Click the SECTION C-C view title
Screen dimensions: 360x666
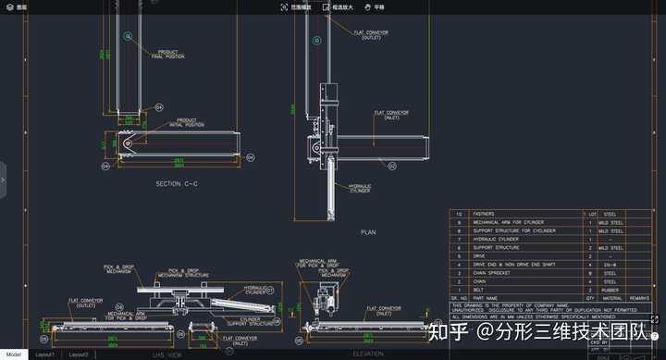coord(177,184)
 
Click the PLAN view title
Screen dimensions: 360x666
coord(368,232)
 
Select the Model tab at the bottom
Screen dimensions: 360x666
coord(14,354)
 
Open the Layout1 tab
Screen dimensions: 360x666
coord(44,354)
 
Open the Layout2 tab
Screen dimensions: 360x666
coord(79,354)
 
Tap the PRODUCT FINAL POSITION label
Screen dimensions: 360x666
coord(167,54)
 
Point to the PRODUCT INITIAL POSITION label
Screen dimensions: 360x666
coord(187,121)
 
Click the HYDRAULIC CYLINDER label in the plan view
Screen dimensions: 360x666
coord(360,188)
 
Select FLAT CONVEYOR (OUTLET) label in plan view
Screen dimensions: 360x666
coord(372,34)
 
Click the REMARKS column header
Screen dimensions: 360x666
coord(639,297)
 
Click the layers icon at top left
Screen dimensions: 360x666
coord(8,6)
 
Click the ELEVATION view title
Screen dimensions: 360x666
coord(367,354)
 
